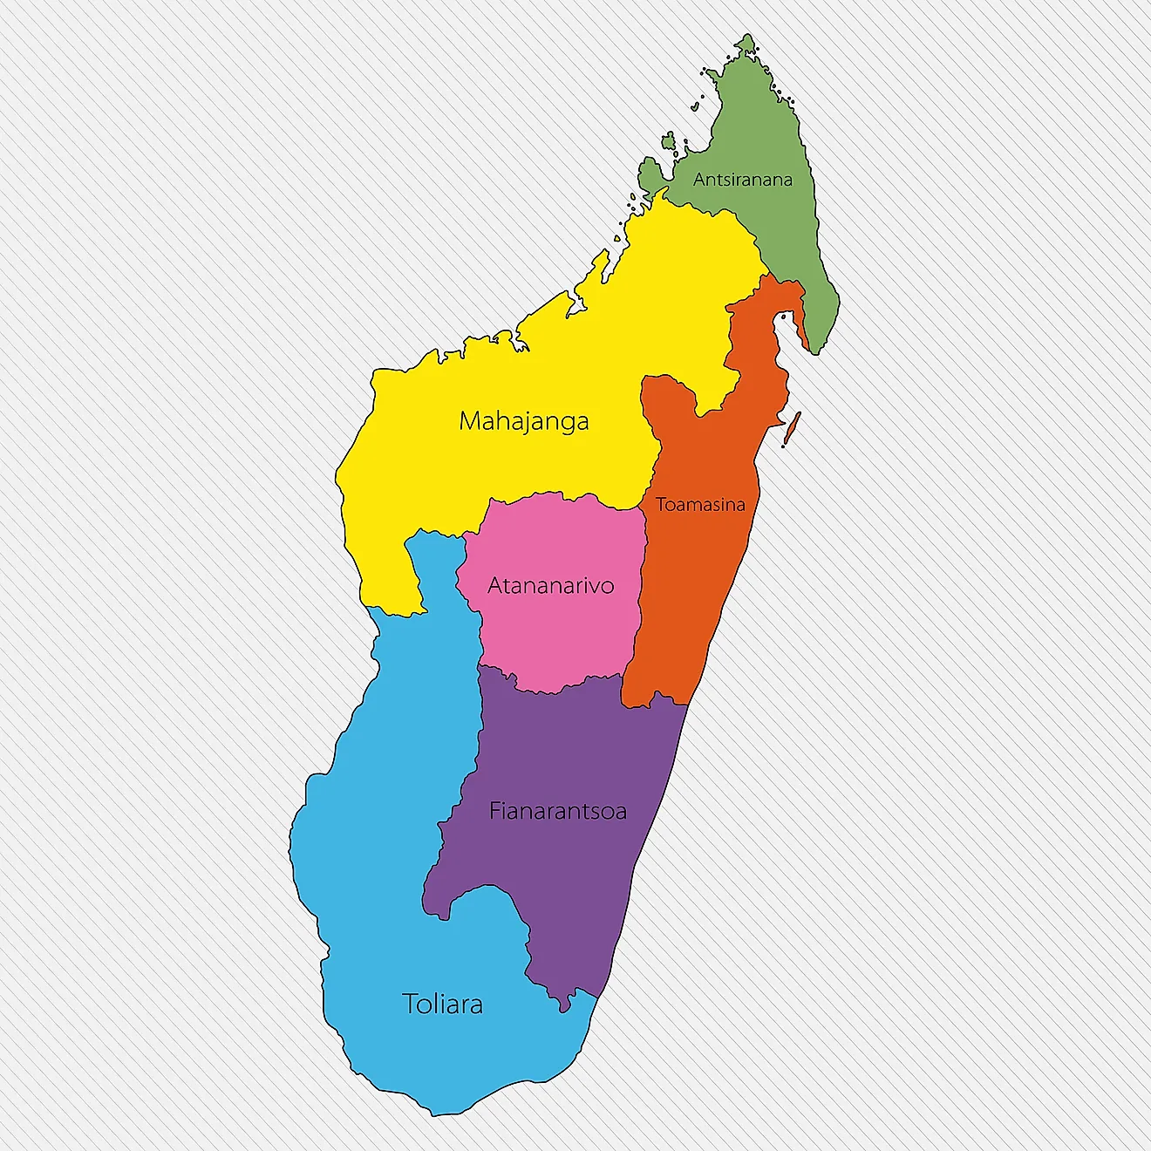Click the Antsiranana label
click(x=742, y=180)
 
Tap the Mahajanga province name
click(x=524, y=421)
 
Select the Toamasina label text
click(x=700, y=505)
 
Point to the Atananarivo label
click(x=550, y=585)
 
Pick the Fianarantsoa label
click(x=557, y=811)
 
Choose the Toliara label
click(x=442, y=1004)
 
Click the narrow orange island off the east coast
click(x=792, y=427)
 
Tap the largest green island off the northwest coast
click(x=669, y=141)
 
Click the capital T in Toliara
click(x=410, y=1004)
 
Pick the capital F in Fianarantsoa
click(x=494, y=811)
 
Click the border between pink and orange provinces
click(x=641, y=593)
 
